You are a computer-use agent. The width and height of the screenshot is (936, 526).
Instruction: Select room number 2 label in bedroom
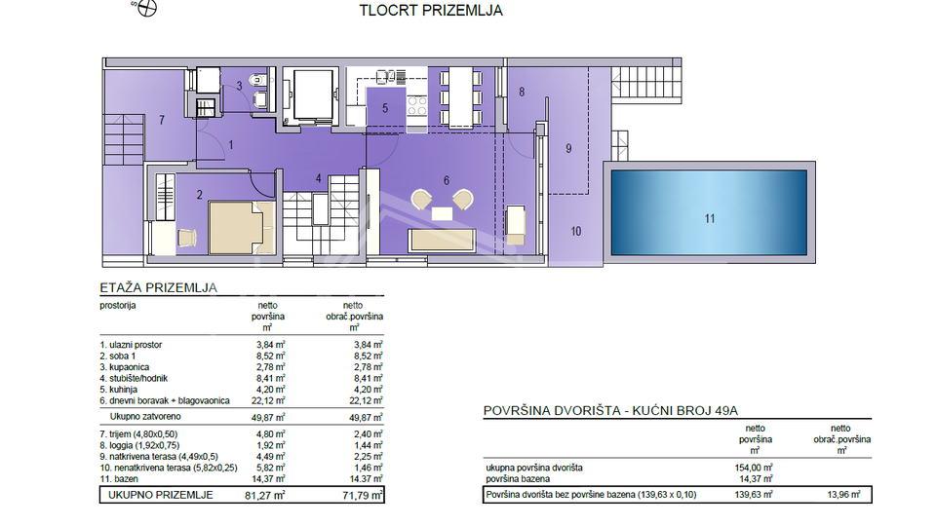(x=199, y=195)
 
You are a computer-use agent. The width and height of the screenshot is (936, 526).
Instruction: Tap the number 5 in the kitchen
(x=385, y=109)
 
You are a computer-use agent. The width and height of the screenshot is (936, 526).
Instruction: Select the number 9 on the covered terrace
(x=569, y=149)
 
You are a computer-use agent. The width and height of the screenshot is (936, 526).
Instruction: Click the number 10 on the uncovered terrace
(x=575, y=231)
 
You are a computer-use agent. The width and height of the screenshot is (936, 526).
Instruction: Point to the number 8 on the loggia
(x=522, y=93)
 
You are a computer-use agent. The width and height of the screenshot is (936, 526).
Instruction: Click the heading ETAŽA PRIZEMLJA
(x=157, y=288)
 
